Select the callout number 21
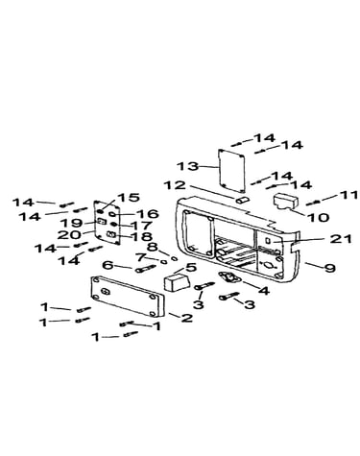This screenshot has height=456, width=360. pyautogui.click(x=341, y=239)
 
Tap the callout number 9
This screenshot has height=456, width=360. pyautogui.click(x=330, y=268)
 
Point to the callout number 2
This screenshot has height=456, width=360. pyautogui.click(x=187, y=318)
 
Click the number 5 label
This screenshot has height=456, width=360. pyautogui.click(x=191, y=267)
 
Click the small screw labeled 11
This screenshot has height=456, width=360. pyautogui.click(x=313, y=203)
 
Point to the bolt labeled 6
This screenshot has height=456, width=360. pyautogui.click(x=145, y=269)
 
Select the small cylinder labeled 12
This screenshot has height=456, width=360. pyautogui.click(x=242, y=201)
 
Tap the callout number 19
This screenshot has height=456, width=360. pyautogui.click(x=71, y=223)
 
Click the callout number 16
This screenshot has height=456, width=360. pyautogui.click(x=148, y=214)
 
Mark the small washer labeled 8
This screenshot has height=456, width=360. pyautogui.click(x=175, y=258)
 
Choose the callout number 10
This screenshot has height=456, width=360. pyautogui.click(x=319, y=217)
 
